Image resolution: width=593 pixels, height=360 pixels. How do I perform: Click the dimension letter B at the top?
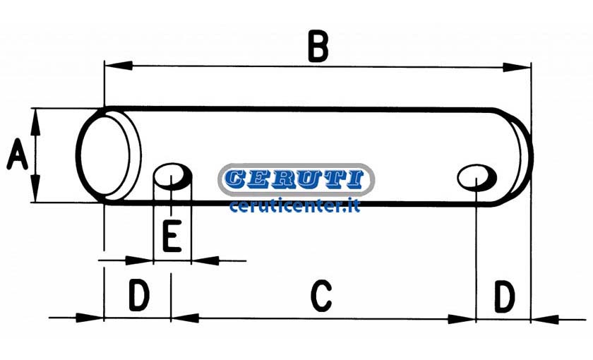tap(318, 47)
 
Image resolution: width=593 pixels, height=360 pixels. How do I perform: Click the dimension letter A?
tap(18, 155)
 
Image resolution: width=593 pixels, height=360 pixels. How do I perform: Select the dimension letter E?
tap(172, 236)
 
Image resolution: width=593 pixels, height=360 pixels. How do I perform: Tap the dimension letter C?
tap(321, 296)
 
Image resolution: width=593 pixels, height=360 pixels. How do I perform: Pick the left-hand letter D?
tap(139, 295)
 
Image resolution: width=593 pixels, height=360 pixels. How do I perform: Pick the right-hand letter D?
tap(505, 296)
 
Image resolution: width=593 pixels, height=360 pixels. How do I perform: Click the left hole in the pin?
tap(173, 176)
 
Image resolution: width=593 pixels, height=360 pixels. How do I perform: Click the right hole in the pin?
tap(477, 177)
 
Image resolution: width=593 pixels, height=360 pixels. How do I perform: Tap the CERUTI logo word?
tap(296, 179)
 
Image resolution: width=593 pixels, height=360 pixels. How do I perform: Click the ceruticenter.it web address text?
tap(294, 206)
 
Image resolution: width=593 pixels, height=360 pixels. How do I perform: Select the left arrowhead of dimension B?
tap(119, 66)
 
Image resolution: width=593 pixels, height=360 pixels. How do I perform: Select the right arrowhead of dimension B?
tap(517, 68)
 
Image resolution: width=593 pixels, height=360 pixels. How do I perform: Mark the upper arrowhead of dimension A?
tap(35, 122)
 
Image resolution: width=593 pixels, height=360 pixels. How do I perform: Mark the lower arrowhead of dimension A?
tap(35, 188)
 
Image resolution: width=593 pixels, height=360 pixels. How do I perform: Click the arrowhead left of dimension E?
tap(139, 260)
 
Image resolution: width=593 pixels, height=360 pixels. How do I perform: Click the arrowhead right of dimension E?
tap(205, 260)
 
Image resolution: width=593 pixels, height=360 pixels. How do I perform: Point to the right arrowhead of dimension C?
tap(462, 319)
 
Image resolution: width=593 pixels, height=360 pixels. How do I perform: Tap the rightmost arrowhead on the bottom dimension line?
tap(545, 320)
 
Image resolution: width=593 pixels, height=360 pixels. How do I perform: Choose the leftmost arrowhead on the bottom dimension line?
tap(90, 318)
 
